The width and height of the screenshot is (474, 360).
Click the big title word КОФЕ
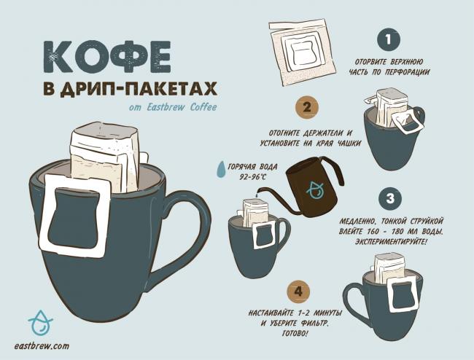107,56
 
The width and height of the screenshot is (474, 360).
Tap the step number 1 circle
389,39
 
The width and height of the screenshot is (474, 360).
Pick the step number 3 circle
390,198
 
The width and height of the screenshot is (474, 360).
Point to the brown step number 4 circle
298,291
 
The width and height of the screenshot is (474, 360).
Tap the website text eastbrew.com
42,346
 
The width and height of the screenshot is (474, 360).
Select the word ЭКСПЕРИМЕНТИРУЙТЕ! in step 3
391,242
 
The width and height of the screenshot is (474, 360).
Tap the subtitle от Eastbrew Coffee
173,107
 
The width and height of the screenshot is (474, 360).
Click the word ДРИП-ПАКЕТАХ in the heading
139,89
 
